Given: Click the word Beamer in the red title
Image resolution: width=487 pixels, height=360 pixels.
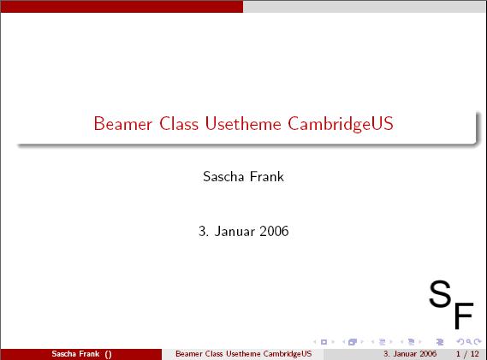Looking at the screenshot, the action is pos(123,124).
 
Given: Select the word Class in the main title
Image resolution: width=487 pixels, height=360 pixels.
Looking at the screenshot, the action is pos(179,123).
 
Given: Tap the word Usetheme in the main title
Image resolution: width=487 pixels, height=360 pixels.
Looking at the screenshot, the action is pos(243,123).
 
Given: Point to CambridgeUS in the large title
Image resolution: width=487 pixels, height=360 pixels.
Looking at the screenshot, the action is pos(341,125).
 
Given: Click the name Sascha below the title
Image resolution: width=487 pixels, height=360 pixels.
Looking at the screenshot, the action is pos(223,177).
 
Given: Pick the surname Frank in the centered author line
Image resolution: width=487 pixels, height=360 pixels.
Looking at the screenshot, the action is pos(267,177).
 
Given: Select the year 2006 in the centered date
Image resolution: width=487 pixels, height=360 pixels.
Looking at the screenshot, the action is pos(274,231).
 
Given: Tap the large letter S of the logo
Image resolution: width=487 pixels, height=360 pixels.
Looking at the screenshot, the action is pos(440,293).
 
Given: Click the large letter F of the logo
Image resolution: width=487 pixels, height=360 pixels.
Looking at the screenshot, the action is pos(465,315).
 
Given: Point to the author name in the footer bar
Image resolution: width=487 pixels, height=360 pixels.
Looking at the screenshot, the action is pos(75,354).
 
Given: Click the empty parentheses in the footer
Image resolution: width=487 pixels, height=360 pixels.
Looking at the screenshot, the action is pos(108,354).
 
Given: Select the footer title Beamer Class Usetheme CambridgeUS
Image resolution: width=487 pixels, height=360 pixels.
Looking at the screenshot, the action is pos(243,354).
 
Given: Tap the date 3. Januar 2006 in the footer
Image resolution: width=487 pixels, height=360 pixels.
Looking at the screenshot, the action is pos(410,354).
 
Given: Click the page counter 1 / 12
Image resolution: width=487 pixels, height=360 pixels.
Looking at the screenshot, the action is pos(467,354).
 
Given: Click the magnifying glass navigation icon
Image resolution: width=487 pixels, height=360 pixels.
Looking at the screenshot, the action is pos(469,342).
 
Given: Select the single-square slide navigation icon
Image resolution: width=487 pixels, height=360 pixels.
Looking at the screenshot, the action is pos(324,342).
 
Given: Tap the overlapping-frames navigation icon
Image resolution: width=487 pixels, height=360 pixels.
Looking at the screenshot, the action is pos(353,342).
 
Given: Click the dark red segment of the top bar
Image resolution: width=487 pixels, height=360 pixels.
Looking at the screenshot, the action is pos(122,6).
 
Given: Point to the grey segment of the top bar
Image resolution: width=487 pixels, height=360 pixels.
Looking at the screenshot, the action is pos(365,6).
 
